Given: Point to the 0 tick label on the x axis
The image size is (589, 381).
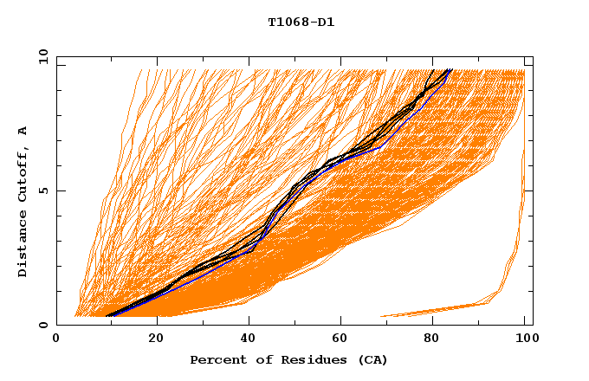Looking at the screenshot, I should click(56, 339).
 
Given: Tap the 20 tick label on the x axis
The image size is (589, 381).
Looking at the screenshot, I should click(156, 339).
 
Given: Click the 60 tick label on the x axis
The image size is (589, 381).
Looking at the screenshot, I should click(345, 339).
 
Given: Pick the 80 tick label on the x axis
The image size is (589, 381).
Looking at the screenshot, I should click(430, 339).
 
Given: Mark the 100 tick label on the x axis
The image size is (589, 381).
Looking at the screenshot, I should click(524, 339).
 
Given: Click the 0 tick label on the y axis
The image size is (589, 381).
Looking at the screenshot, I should click(42, 325).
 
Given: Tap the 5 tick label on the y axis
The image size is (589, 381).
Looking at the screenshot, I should click(42, 190).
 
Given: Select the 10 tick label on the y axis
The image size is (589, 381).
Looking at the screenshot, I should click(39, 56).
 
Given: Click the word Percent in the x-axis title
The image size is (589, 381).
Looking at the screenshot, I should click(217, 359).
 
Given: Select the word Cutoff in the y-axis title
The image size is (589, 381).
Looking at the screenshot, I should click(23, 174).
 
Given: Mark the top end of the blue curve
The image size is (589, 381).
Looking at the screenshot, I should click(451, 69).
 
